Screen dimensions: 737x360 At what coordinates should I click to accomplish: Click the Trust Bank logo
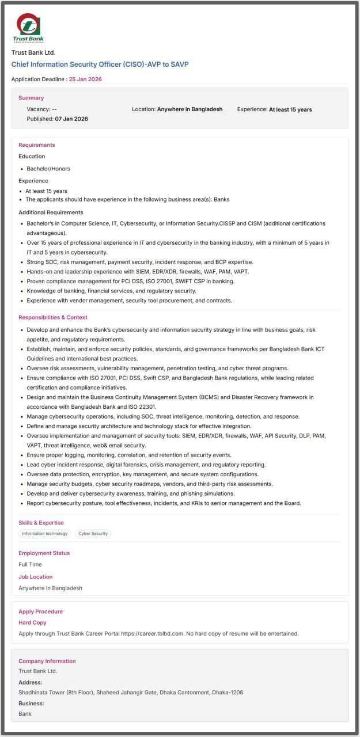coord(28,28)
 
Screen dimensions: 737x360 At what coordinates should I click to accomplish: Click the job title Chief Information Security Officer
coord(100,64)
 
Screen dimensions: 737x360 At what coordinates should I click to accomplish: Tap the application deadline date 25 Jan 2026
coord(85,79)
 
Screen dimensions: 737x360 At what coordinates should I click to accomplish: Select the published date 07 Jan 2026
coord(71,119)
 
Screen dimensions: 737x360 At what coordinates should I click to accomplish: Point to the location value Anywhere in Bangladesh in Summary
coord(190,109)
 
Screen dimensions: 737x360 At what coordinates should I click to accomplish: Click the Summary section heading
coord(31,98)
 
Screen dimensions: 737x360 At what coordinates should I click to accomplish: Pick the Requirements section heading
coord(37,145)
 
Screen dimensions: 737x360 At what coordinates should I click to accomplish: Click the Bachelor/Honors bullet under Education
coord(48,169)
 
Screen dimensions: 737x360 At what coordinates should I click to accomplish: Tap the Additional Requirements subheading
coord(51,212)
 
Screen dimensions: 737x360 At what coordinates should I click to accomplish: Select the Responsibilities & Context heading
coord(53,317)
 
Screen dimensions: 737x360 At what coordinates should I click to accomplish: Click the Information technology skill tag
coord(45,534)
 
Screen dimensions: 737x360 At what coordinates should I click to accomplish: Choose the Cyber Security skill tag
coord(93,534)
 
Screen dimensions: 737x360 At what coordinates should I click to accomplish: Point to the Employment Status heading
coord(44,553)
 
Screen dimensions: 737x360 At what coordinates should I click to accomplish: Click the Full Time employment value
coord(30,564)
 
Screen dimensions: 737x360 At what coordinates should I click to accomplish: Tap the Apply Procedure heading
coord(40,611)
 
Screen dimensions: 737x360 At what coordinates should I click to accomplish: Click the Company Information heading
coord(47,661)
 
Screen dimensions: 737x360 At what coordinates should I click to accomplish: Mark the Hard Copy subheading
coord(32,622)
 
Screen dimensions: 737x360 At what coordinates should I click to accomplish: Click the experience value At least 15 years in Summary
coord(290,109)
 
